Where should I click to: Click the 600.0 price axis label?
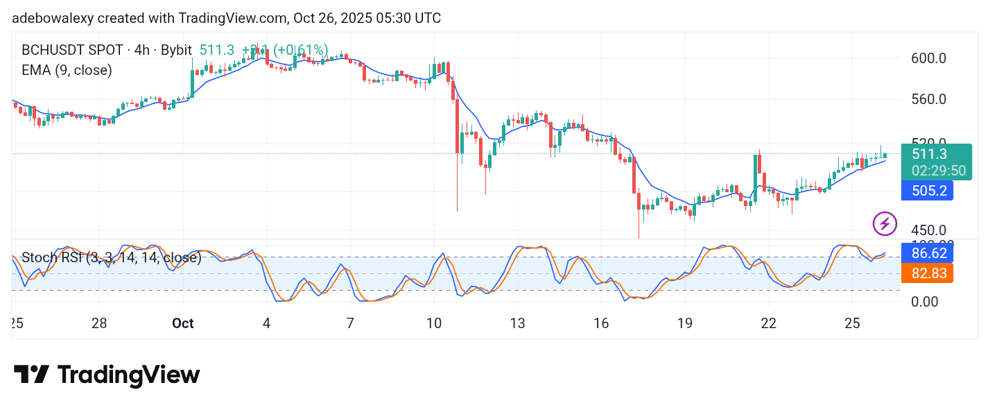tap(928, 58)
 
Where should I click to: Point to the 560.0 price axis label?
tap(928, 99)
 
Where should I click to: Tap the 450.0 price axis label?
tap(928, 230)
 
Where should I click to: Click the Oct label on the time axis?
tap(183, 323)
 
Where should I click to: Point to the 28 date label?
tap(99, 323)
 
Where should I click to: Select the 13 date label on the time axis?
tap(517, 323)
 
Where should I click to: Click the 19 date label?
tap(684, 323)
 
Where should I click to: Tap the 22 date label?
tap(768, 323)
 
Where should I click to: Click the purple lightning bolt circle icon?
tap(885, 223)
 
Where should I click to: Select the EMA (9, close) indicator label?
tap(67, 70)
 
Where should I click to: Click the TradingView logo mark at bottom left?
tap(31, 375)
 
